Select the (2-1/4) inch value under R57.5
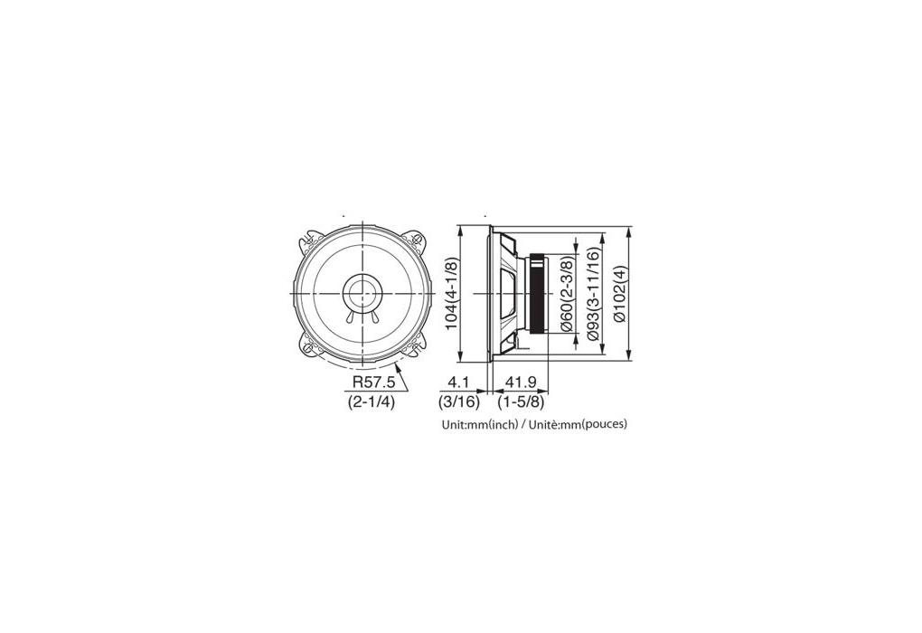point(371,402)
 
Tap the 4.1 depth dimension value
point(458,383)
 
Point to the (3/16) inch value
point(459,402)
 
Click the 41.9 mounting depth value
point(521,383)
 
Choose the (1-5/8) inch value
point(521,402)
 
